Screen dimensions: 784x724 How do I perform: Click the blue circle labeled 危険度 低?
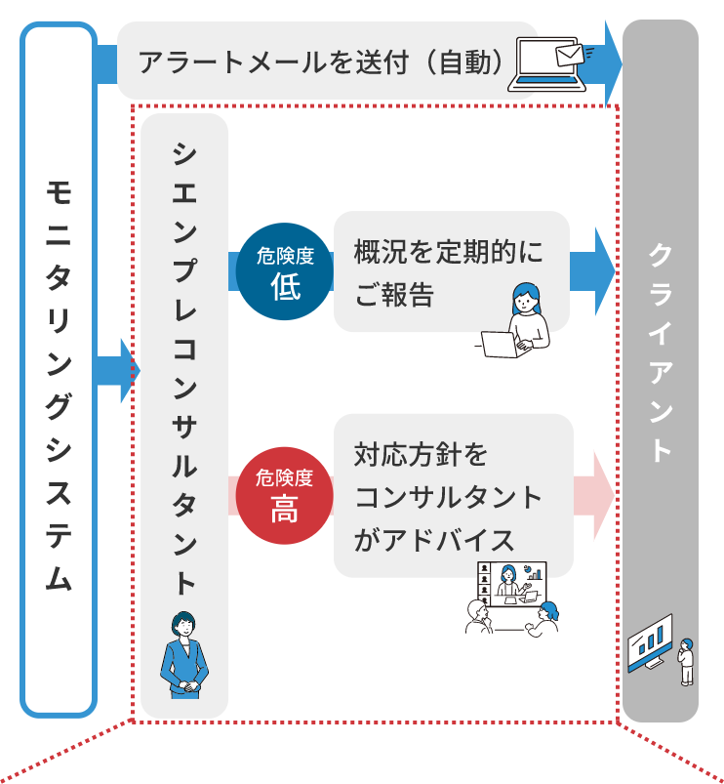[x=286, y=272]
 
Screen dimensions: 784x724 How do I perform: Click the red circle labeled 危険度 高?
[x=284, y=494]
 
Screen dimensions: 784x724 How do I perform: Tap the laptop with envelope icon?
[x=550, y=65]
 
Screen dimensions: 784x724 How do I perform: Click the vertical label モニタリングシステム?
[x=59, y=385]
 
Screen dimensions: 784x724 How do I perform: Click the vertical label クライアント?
[x=661, y=351]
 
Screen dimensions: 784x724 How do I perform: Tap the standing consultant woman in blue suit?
[x=183, y=654]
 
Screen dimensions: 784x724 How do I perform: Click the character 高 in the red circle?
[x=284, y=508]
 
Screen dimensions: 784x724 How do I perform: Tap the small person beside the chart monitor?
[x=688, y=661]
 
